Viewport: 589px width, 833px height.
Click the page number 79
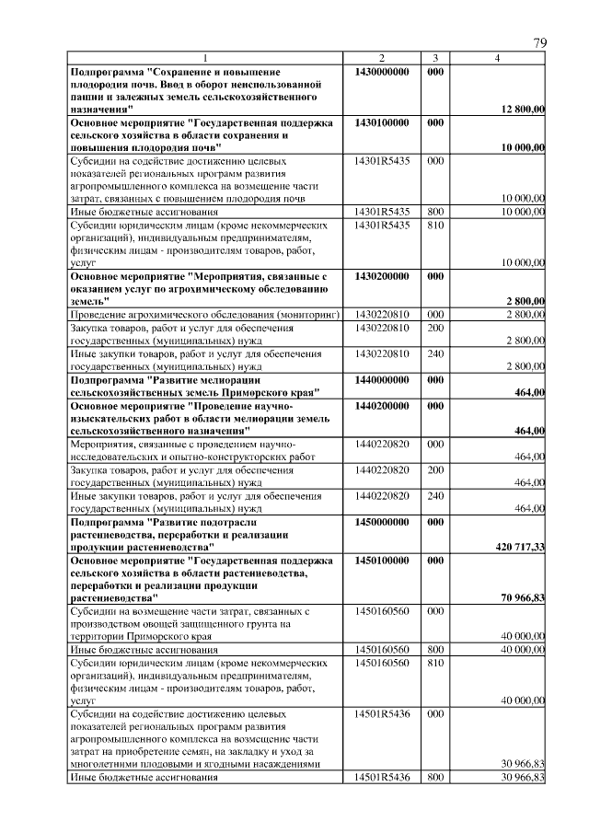(539, 43)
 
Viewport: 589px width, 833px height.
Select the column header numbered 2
(381, 59)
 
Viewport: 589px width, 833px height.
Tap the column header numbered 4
(497, 59)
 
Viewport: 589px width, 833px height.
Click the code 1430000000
(381, 71)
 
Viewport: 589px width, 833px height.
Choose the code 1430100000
(381, 122)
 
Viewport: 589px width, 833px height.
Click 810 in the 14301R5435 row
(436, 225)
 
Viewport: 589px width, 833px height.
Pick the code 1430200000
(381, 276)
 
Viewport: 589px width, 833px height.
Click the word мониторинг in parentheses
(308, 315)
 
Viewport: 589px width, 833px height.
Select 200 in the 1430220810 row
(436, 328)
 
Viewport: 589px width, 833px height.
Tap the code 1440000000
(381, 379)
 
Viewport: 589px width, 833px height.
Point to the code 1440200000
(381, 405)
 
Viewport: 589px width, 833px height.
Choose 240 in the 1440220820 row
(436, 495)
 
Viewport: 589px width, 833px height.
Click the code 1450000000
(381, 521)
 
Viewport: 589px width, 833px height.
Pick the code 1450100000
(381, 560)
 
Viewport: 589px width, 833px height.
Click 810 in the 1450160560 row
(436, 662)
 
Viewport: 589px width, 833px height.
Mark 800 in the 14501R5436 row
(436, 778)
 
